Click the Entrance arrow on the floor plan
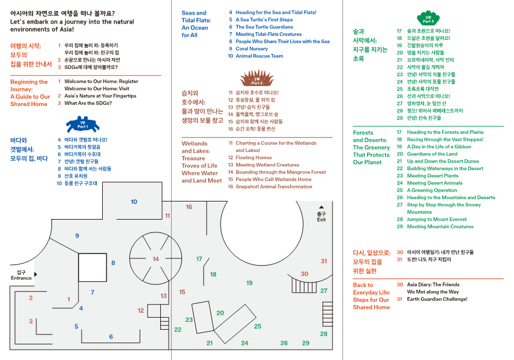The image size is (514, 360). click(35, 274)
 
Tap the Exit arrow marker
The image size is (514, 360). click(321, 206)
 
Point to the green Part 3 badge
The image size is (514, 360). click(428, 18)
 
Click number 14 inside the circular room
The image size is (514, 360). click(156, 259)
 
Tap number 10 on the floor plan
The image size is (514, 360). click(134, 202)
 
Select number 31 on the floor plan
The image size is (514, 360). click(324, 261)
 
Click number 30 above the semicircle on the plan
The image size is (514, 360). click(304, 274)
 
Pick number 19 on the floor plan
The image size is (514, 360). click(249, 283)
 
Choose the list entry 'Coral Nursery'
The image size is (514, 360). click(252, 49)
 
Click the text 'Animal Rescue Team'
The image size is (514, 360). click(259, 56)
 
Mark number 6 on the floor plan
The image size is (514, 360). click(111, 337)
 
